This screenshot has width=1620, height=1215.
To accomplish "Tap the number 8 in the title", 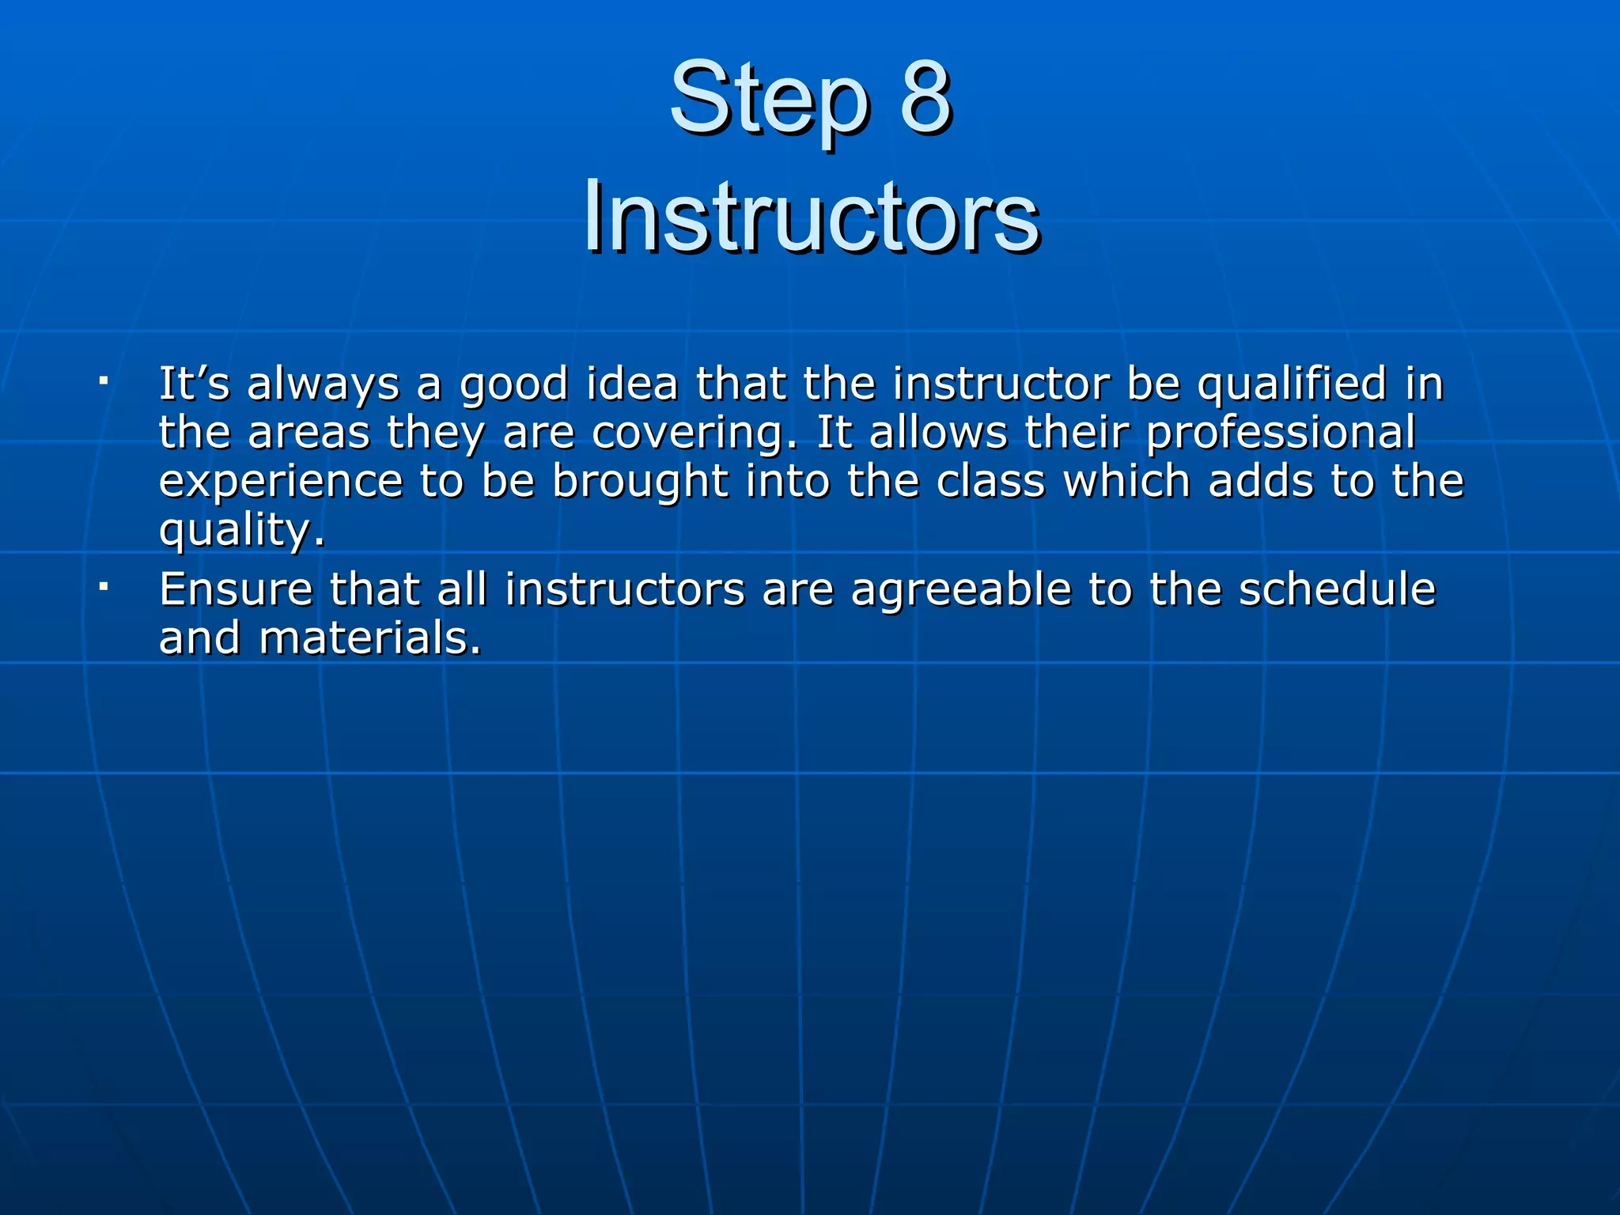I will click(x=925, y=99).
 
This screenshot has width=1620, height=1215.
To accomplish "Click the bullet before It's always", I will click(x=104, y=381).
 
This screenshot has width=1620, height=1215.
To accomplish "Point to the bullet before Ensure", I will click(x=104, y=587).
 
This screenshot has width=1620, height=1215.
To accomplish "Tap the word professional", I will click(x=1281, y=434).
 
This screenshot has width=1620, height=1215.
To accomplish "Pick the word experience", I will click(x=281, y=483).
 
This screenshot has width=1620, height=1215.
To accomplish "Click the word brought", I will click(x=640, y=483).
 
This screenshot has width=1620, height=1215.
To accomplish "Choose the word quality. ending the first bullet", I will click(x=241, y=531).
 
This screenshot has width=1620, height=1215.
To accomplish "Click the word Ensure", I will click(x=236, y=589).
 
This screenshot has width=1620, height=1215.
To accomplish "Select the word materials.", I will click(x=369, y=638).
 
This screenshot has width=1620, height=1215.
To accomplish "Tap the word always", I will click(x=323, y=386).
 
